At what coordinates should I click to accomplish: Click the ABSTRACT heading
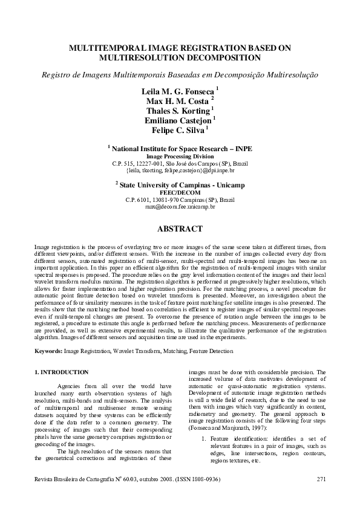(179, 229)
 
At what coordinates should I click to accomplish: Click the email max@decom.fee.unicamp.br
(180, 206)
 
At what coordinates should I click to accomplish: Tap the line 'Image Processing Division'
(180, 155)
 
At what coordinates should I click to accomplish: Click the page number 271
(321, 479)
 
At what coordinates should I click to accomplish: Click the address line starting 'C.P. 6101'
(180, 199)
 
